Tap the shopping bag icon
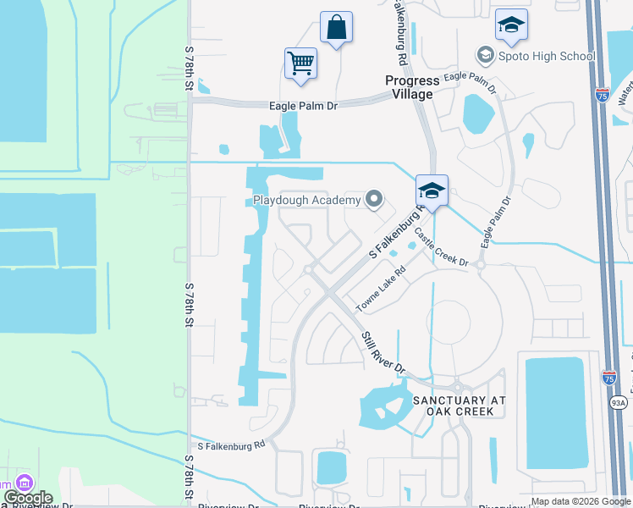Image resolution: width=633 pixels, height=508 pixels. coord(336,27)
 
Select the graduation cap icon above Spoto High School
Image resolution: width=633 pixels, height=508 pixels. coord(511,25)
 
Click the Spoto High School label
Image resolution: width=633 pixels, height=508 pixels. coord(536,56)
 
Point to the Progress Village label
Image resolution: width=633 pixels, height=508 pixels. coord(412,87)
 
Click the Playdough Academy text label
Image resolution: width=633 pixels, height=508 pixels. coord(307,200)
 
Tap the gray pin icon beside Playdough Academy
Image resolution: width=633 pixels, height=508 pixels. coord(374,200)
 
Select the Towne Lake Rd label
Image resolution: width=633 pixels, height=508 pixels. coord(381,289)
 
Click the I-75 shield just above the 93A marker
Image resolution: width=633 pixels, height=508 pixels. coord(610,378)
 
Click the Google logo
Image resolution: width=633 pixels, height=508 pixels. coord(28,498)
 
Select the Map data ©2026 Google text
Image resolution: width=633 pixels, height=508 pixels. coord(581,501)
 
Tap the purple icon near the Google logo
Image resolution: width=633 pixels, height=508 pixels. coord(23,483)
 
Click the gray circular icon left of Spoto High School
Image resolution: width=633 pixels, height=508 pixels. coord(485,56)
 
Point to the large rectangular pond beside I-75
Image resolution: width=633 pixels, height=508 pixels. coord(555,412)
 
